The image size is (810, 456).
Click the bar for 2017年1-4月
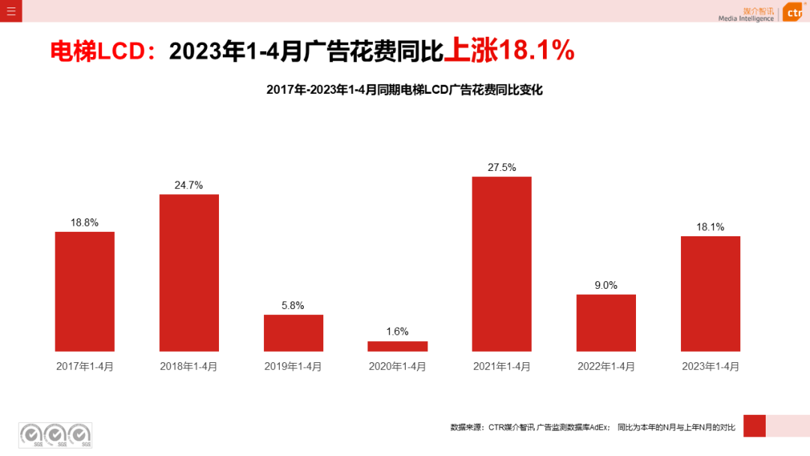point(85,291)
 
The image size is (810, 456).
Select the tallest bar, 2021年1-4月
point(502,263)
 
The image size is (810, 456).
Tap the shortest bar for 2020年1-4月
point(397,346)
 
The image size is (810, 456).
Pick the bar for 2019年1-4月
point(293,333)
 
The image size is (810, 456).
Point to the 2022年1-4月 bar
point(606,322)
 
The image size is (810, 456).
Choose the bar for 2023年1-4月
point(710,293)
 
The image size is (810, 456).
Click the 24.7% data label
point(189,185)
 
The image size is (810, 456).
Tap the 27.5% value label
point(502,167)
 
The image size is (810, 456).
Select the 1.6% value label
point(397,331)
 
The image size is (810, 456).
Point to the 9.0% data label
point(606,285)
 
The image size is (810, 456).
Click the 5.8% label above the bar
point(293,305)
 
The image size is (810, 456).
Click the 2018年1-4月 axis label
point(189,367)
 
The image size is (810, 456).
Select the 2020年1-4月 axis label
point(397,367)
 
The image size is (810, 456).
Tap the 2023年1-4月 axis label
point(710,367)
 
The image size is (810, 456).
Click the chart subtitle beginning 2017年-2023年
point(404,90)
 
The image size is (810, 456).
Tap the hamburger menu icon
point(10,10)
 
